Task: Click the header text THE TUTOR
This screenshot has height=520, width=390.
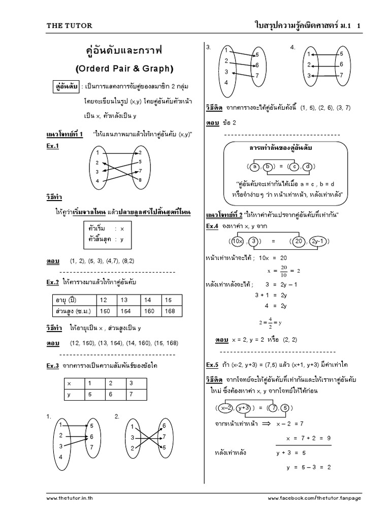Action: point(70,25)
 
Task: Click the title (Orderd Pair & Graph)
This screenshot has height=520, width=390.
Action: point(124,68)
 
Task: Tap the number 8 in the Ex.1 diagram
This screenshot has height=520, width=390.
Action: point(141,180)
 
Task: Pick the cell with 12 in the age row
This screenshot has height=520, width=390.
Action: point(104,300)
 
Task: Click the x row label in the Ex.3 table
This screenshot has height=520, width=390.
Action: point(69,383)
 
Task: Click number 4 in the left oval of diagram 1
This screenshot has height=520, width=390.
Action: point(60,457)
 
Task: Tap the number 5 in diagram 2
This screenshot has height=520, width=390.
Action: point(164,447)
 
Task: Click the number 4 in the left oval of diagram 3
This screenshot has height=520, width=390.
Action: point(225,82)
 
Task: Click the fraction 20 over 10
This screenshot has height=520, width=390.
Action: point(284,271)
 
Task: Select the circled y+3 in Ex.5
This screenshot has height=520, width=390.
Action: point(244,408)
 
